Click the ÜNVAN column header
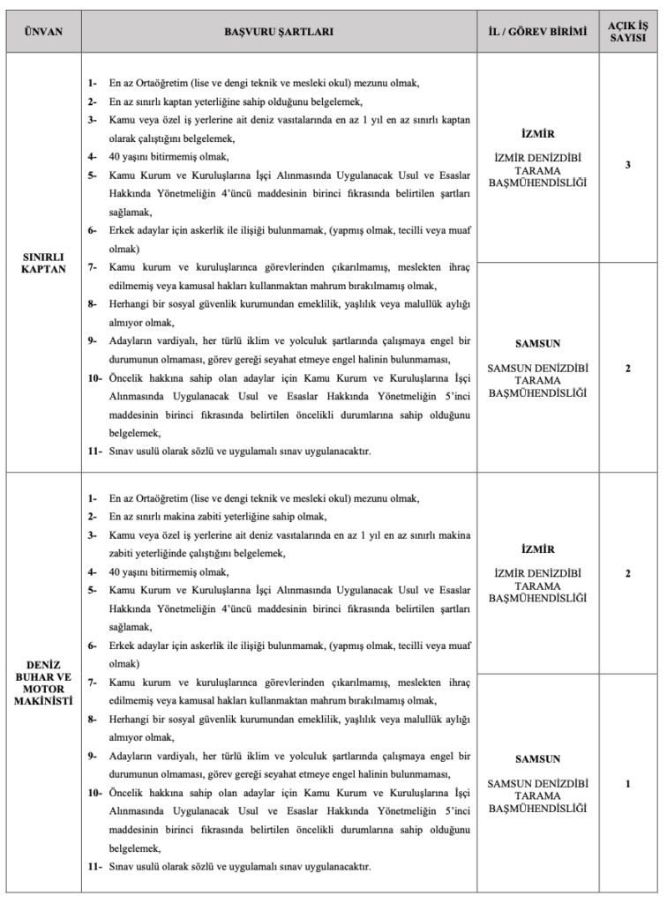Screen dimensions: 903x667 (x=44, y=31)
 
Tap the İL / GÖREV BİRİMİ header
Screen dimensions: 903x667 (x=537, y=31)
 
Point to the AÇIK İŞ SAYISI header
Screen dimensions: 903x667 (x=627, y=31)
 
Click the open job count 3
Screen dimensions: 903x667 (x=627, y=164)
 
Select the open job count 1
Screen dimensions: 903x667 (x=627, y=783)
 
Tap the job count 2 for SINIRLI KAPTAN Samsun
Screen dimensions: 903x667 (x=627, y=367)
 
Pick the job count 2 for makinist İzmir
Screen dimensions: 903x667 (x=627, y=574)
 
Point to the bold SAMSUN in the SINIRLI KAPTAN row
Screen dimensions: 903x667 (x=537, y=343)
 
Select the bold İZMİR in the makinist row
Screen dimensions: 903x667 (x=537, y=548)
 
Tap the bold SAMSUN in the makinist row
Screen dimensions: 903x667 (x=537, y=758)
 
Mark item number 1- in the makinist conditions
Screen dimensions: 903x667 (x=92, y=498)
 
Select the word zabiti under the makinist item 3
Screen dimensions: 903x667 (x=125, y=554)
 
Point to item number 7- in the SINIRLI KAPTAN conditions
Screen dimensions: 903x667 (x=92, y=266)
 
